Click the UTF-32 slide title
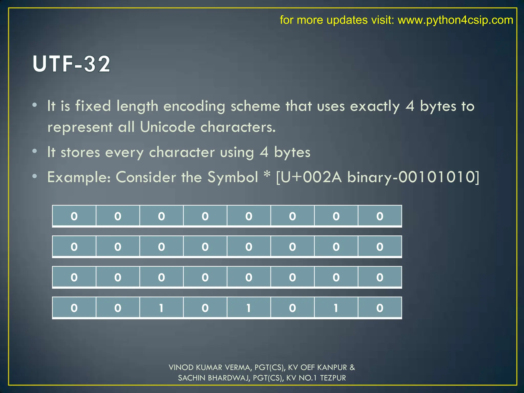(x=72, y=64)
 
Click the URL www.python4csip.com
(x=455, y=20)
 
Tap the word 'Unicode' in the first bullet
(x=168, y=127)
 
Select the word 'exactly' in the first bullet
(x=375, y=106)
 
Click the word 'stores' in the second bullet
(x=80, y=152)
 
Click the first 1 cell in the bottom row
(x=161, y=308)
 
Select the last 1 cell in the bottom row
(x=336, y=308)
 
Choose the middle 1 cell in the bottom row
(x=249, y=308)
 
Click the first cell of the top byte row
(x=74, y=216)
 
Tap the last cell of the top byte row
(x=380, y=216)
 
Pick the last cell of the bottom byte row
(x=380, y=308)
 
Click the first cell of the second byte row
(x=74, y=247)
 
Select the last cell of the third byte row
(x=380, y=277)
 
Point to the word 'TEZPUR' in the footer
(x=333, y=378)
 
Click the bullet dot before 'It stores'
(x=35, y=151)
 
